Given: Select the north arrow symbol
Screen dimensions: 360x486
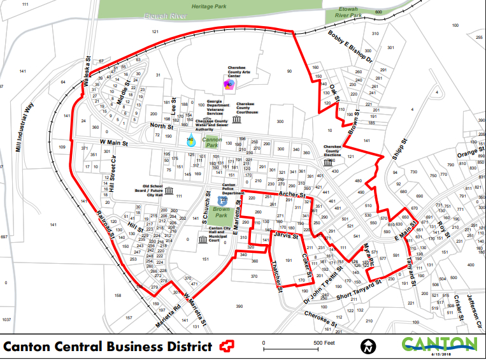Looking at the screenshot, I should (x=368, y=347).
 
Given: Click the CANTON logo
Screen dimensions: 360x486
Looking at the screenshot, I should (x=440, y=345).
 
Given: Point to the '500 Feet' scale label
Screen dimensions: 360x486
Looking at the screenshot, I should (x=324, y=343).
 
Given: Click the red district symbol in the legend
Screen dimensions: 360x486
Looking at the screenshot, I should (x=225, y=346).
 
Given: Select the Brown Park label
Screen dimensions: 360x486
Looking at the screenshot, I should (x=221, y=209).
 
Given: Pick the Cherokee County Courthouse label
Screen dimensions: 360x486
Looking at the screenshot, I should (x=247, y=108).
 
